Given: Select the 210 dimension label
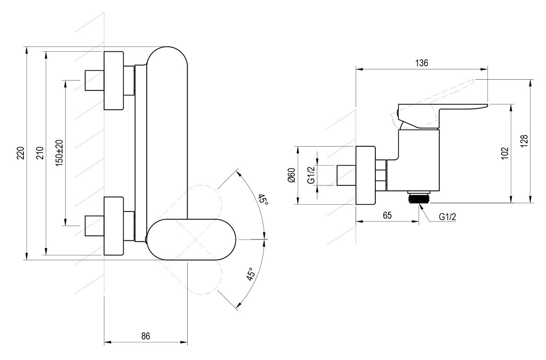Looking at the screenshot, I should [39, 153].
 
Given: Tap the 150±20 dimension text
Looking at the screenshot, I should [59, 153].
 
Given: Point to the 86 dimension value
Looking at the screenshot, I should [145, 336].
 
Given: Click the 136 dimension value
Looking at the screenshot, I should [421, 63].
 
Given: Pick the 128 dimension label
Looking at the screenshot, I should [524, 141].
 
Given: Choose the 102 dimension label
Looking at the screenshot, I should [504, 153].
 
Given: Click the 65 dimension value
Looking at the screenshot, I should [387, 215].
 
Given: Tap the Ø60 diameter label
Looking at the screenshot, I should [291, 175].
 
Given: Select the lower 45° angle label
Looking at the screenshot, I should [251, 274].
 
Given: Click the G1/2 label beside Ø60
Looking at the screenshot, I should [311, 175].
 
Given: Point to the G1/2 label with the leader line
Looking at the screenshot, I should [448, 217].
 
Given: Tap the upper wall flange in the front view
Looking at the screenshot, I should [114, 81].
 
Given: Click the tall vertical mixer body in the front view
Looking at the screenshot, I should [167, 135].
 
